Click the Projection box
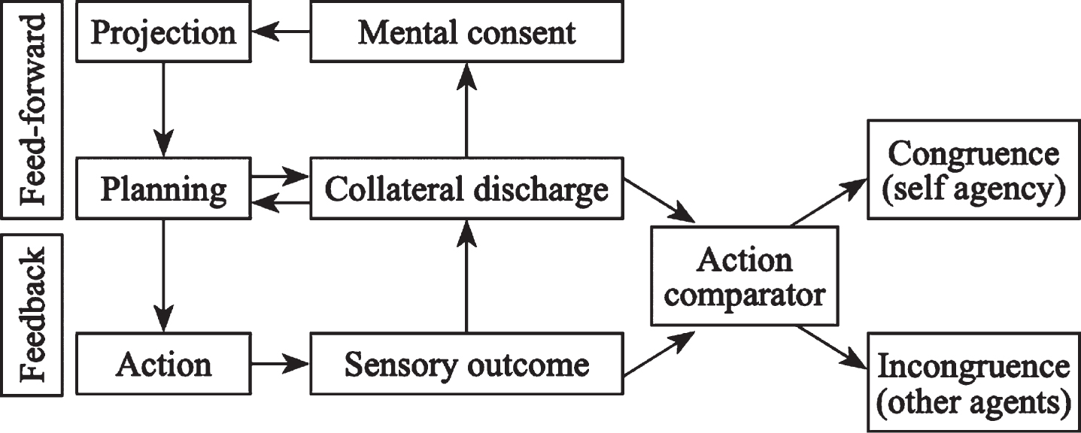tap(163, 32)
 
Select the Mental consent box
tap(466, 32)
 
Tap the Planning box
tap(163, 188)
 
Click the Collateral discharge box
tap(466, 188)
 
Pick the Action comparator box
tap(745, 277)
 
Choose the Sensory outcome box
tap(466, 364)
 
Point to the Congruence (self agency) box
tap(974, 170)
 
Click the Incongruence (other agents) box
tap(974, 382)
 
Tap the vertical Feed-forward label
tap(32, 110)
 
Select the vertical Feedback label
tap(32, 315)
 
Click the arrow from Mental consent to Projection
tap(281, 32)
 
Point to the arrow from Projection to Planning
tap(163, 110)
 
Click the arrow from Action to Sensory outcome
tap(281, 364)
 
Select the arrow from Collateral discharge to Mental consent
tap(466, 110)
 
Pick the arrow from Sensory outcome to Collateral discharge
tap(466, 276)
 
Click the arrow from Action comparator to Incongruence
tap(832, 347)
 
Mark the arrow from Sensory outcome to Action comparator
tap(659, 353)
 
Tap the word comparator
tap(745, 296)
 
